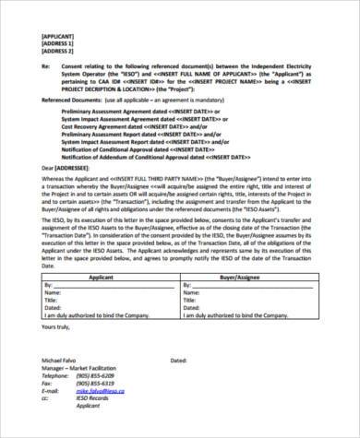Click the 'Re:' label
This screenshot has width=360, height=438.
point(46,67)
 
